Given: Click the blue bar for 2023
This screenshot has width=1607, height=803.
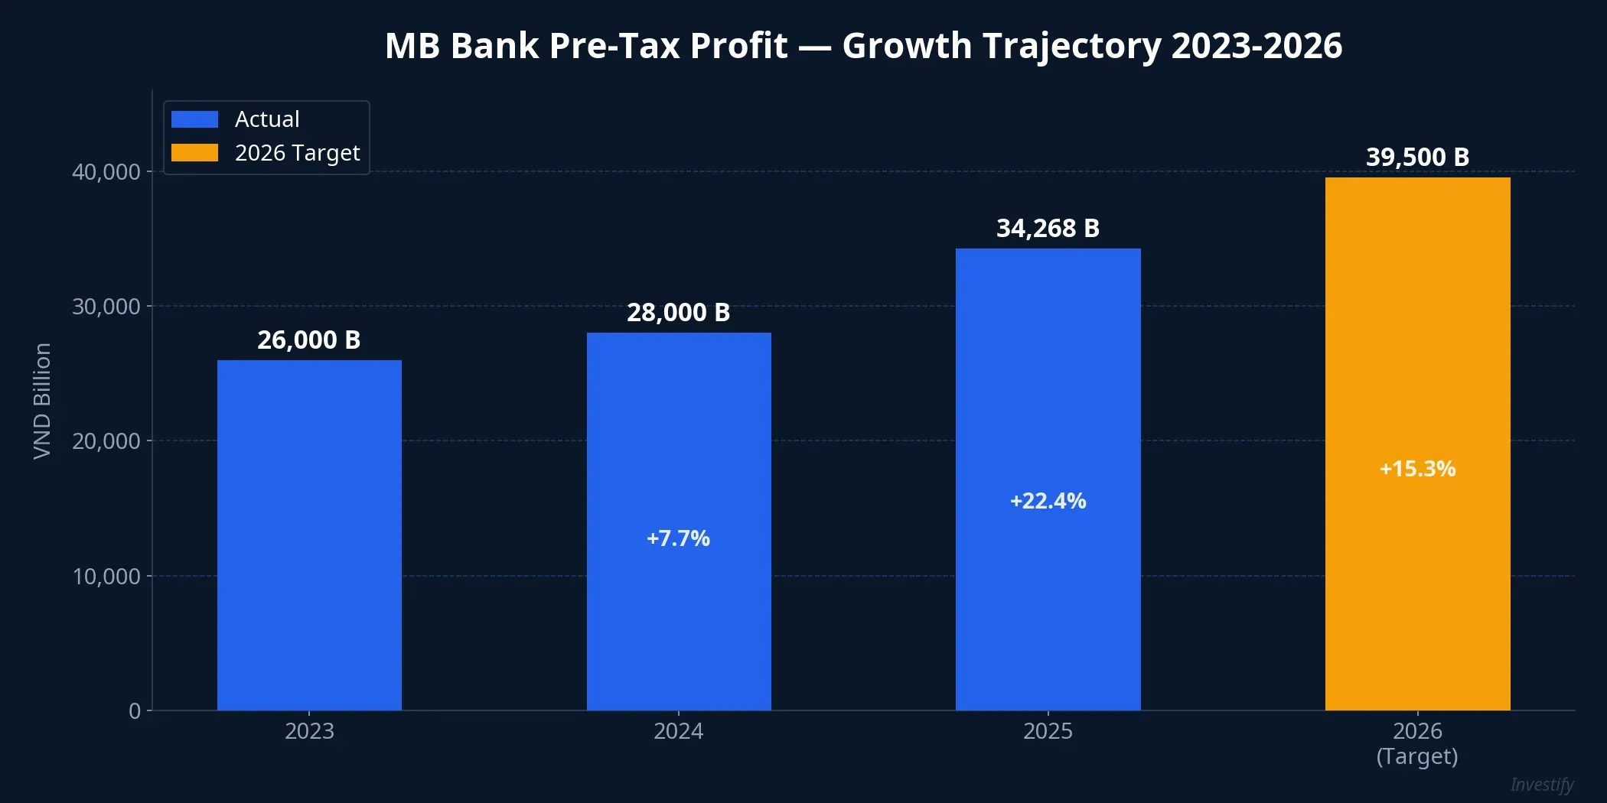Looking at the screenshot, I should pos(309,535).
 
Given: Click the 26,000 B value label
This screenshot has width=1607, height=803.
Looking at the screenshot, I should pos(308,340).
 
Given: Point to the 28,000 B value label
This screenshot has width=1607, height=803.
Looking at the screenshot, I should pos(678,313).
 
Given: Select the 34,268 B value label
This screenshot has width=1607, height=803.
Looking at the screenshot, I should pos(1048,229).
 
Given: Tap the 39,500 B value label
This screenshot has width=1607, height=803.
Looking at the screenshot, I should pos(1417,158).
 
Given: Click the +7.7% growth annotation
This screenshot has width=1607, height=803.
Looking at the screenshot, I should pos(678,538).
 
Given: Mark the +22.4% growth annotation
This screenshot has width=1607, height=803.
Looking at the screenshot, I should pos(1048,501).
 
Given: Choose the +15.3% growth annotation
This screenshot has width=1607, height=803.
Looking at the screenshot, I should pos(1417,469).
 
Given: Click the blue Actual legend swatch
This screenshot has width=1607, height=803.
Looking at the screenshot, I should pos(194,119).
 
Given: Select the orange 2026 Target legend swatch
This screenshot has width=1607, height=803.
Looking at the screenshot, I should pos(194,153).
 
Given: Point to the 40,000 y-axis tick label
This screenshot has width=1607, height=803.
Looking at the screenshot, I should pos(106,172).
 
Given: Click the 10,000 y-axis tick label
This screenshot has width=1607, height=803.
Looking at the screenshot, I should pos(106,577).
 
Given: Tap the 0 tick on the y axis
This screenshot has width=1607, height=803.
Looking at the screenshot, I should pos(135,711).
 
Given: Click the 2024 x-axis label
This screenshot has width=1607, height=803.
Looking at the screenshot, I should pos(678,731).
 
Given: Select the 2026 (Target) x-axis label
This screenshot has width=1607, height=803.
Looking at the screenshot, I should pos(1417,743).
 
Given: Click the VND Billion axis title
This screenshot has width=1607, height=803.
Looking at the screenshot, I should pos(42,401).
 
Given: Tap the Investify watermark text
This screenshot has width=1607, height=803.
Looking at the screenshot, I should pos(1541,785).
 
